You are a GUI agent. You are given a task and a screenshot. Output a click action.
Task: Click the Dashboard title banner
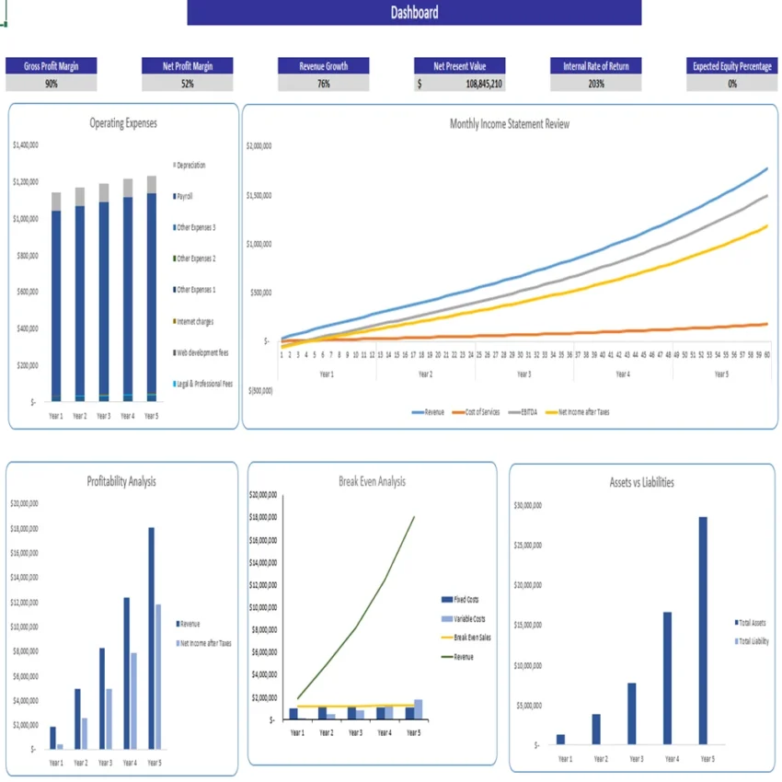click(414, 12)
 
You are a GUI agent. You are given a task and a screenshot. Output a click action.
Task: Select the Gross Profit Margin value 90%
click(51, 84)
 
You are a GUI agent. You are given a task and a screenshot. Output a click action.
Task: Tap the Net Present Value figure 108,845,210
click(483, 84)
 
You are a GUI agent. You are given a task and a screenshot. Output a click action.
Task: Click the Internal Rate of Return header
click(596, 66)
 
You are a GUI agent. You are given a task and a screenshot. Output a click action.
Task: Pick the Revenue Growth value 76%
click(324, 84)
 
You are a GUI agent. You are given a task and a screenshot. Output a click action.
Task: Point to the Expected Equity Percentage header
click(732, 66)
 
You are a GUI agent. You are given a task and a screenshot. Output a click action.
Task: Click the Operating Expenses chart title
click(123, 123)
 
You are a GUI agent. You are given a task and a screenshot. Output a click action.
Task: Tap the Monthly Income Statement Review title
click(509, 123)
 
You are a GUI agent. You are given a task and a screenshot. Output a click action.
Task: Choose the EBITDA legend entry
click(525, 412)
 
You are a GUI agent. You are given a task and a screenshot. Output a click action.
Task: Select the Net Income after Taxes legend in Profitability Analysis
click(205, 643)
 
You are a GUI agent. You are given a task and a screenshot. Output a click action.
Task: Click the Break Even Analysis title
click(372, 481)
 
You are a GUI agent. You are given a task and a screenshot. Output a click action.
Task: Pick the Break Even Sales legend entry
click(471, 637)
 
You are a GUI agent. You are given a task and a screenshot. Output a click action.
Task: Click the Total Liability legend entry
click(753, 641)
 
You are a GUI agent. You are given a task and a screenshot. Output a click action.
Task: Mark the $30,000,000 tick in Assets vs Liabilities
click(527, 505)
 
